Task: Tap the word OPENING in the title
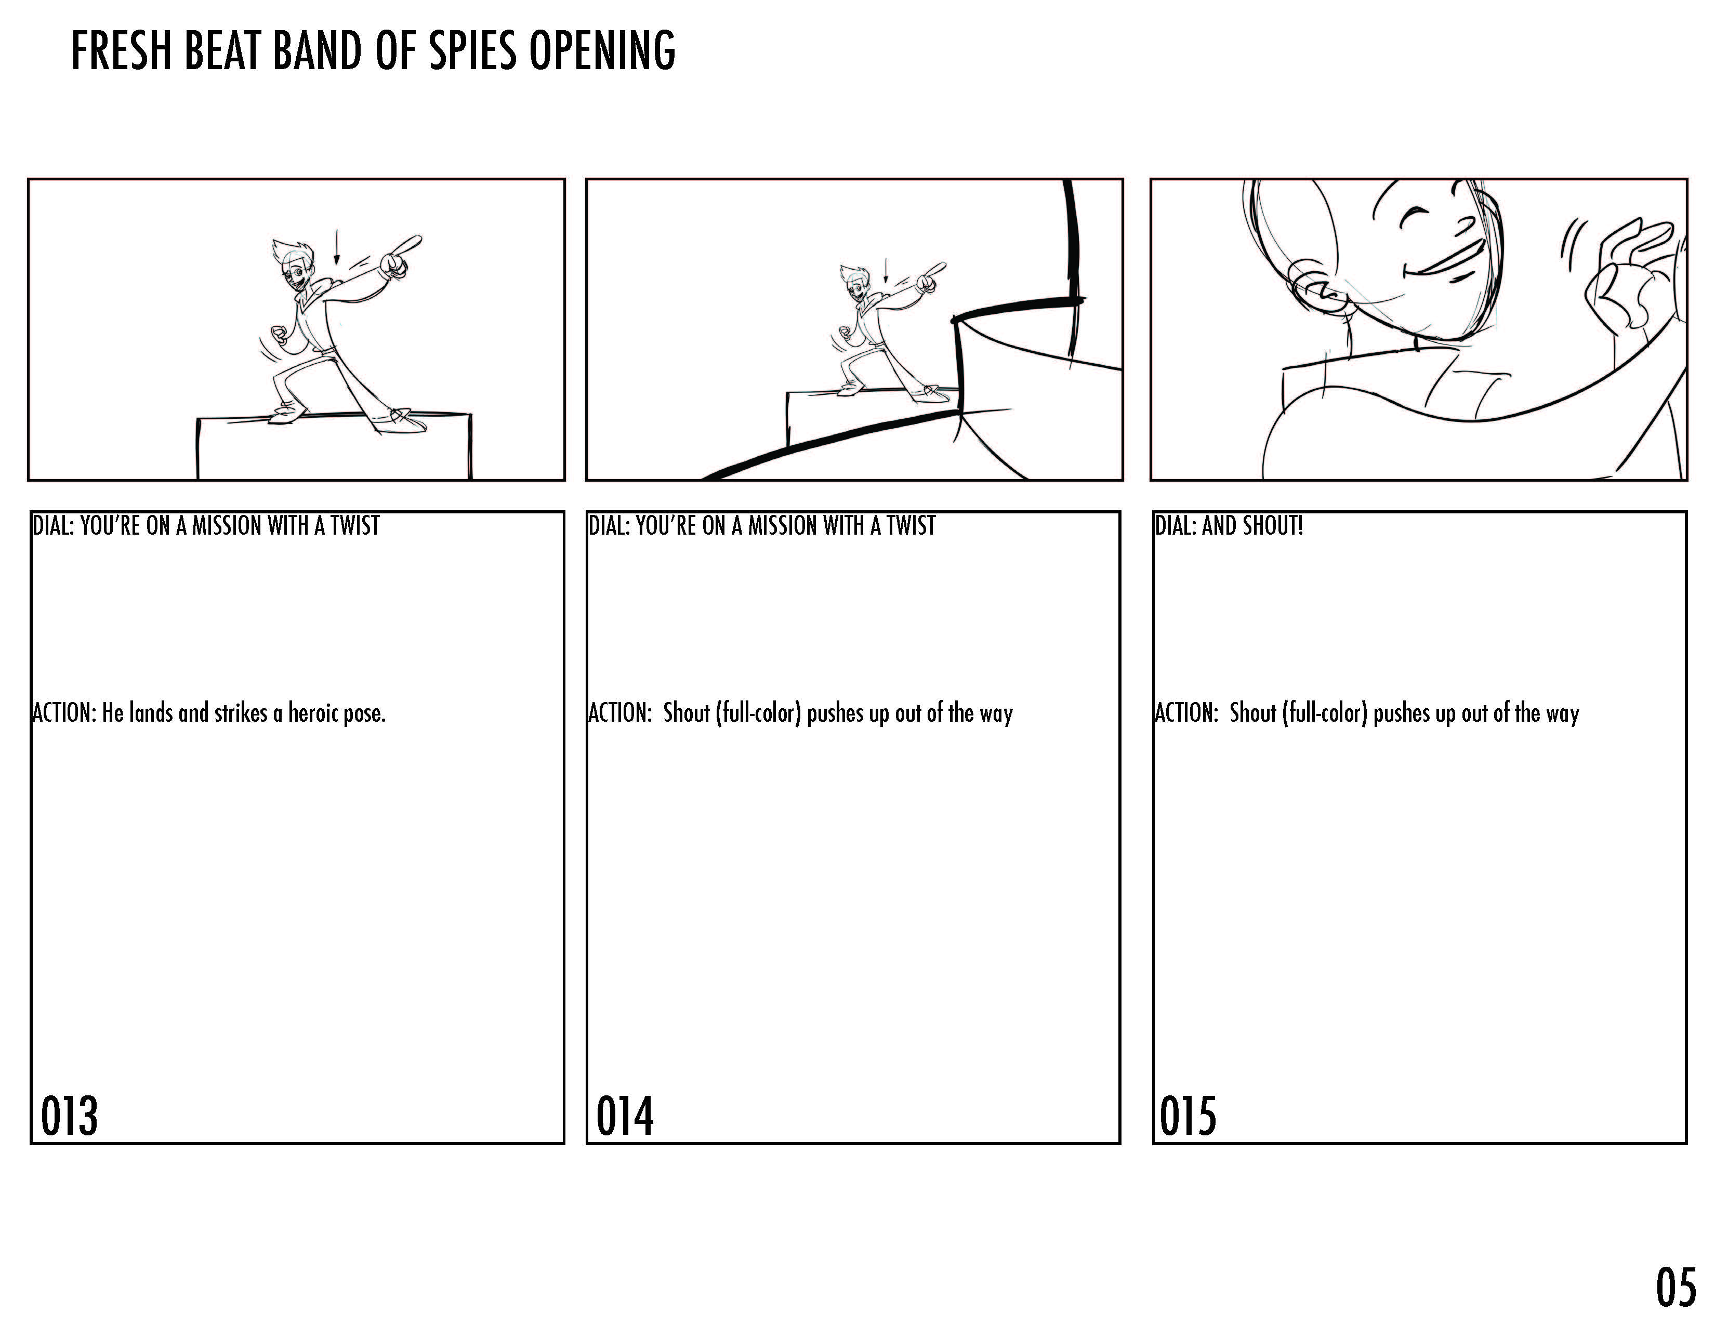(601, 50)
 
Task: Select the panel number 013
(69, 1116)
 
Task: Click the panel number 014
(625, 1116)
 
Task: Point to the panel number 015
(1188, 1116)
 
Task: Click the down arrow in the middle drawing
(886, 270)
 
